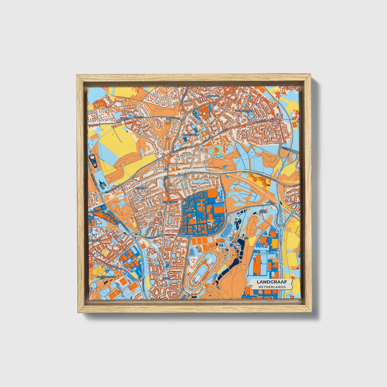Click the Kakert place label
click(125, 118)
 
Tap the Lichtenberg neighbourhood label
click(190, 135)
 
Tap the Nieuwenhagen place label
click(244, 111)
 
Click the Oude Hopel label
click(264, 212)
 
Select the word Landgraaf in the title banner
click(271, 282)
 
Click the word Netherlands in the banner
click(272, 287)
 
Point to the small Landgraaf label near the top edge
click(213, 95)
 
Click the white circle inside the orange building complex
click(204, 113)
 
